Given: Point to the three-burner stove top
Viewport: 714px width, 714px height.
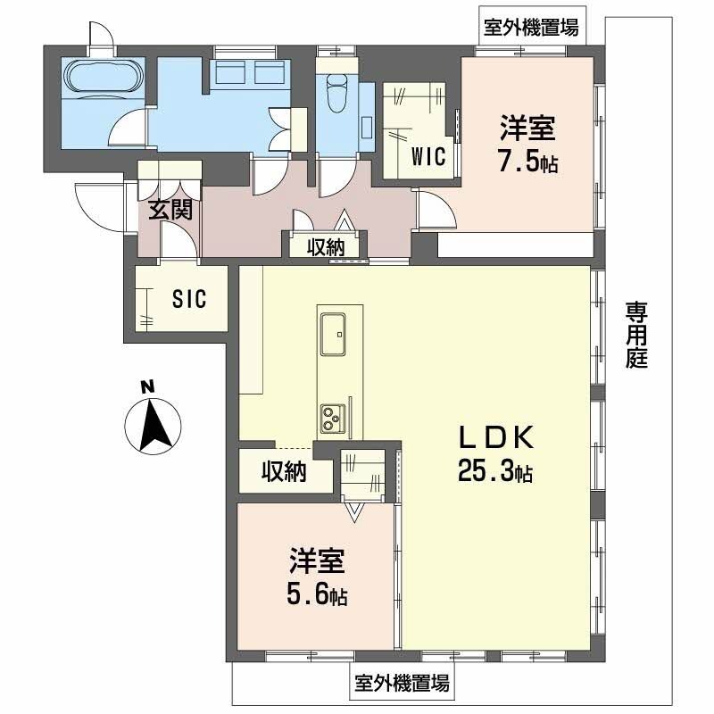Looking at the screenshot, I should [334, 417].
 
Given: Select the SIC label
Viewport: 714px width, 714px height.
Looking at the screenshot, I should [189, 299].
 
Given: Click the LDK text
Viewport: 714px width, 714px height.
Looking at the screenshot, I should [495, 437].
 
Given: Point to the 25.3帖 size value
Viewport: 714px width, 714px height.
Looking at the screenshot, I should [495, 470].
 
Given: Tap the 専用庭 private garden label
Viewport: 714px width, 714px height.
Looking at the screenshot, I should [635, 335].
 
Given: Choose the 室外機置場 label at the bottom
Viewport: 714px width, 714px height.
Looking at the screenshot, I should [402, 685].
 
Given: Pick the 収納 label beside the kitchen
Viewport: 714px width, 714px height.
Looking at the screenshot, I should [284, 471].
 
